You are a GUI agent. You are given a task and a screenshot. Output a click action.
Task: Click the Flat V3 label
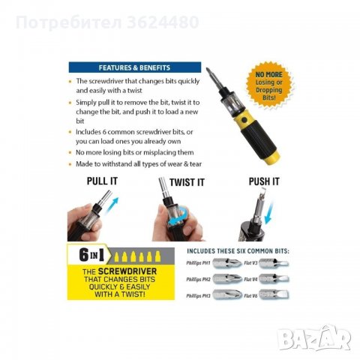click(x=250, y=262)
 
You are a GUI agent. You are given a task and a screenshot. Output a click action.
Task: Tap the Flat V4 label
click(x=250, y=279)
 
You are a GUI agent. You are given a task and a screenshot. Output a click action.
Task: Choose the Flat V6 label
click(x=250, y=295)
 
